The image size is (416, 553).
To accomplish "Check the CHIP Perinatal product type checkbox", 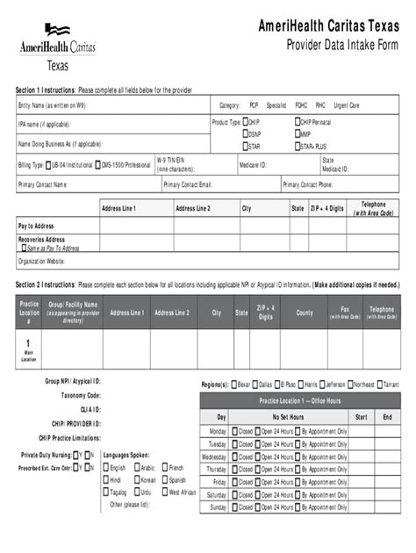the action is coord(298,122).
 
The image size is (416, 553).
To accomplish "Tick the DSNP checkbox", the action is coord(247,134).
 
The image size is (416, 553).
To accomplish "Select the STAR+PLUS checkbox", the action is coord(298,146).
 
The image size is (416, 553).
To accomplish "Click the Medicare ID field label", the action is coord(253,164).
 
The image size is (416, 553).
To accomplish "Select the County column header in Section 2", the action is coord(304,312).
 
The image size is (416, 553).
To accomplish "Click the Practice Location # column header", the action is coord(29,312).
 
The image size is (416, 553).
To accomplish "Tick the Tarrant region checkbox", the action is coord(380,384).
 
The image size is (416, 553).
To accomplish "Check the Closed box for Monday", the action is coord(236,432).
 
